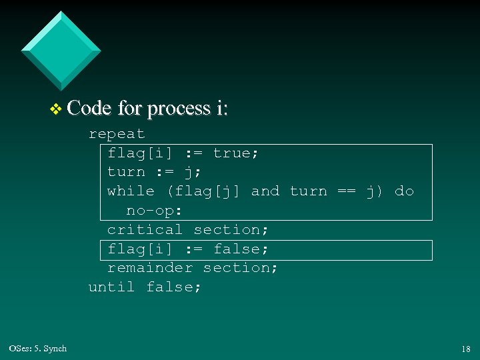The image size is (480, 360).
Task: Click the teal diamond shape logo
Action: (x=61, y=50)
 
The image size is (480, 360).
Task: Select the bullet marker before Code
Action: (x=56, y=109)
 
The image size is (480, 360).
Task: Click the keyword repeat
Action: (x=117, y=133)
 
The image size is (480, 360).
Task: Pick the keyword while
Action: (x=131, y=191)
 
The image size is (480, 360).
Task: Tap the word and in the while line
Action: (x=265, y=191)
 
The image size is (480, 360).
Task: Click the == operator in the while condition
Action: (x=346, y=191)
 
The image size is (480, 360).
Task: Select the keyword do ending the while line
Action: (x=404, y=191)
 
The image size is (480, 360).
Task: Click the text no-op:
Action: (x=155, y=211)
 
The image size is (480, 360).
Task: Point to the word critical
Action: (x=145, y=229)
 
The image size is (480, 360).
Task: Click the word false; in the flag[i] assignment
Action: (x=241, y=249)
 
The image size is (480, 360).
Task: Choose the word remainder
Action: (x=149, y=268)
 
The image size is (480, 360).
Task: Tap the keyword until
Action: (x=111, y=287)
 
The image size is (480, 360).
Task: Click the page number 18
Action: (x=465, y=349)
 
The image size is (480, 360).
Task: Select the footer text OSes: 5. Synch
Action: (x=38, y=348)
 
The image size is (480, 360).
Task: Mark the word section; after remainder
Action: (x=241, y=268)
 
